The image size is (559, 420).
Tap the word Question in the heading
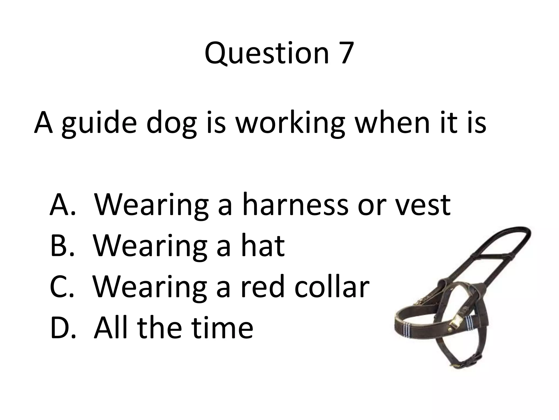click(266, 53)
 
